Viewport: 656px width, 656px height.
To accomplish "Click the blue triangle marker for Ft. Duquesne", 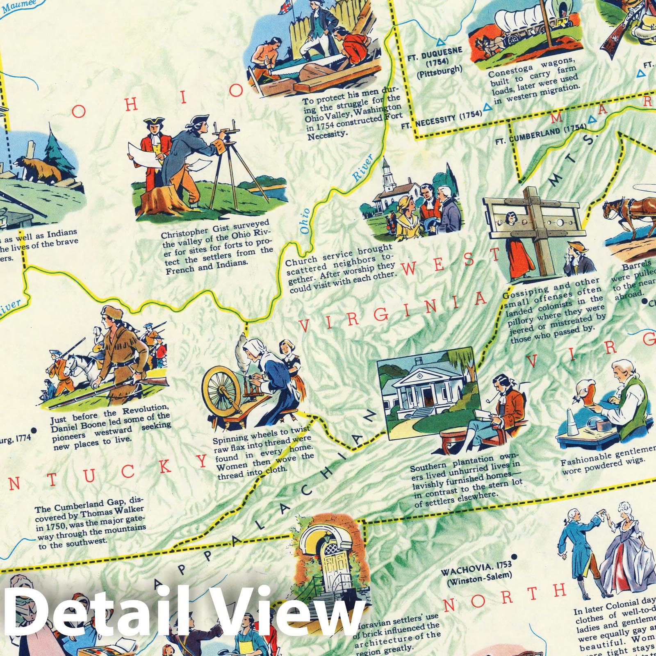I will tap(440, 42).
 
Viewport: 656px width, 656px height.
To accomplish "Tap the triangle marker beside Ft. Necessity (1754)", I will tap(487, 107).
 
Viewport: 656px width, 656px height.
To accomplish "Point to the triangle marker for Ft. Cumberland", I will tap(592, 120).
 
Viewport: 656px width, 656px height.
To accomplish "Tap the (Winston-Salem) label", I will tap(480, 576).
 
